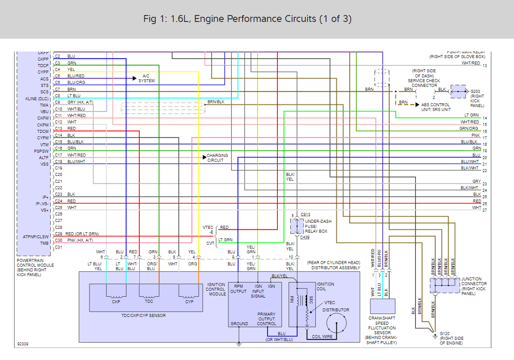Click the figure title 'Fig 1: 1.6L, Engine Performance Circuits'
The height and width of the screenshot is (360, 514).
(247, 19)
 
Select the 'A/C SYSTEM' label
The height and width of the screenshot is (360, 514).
(147, 78)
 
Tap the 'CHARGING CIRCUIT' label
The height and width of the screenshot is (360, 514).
(218, 158)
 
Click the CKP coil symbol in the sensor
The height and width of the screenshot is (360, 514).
(116, 296)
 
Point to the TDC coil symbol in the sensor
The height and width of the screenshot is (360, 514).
(149, 296)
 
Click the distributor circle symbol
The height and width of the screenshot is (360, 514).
(336, 323)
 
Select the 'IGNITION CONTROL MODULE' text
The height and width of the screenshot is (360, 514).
(216, 289)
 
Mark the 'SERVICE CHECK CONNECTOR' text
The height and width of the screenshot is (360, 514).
(424, 80)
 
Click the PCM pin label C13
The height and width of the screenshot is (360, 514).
(58, 128)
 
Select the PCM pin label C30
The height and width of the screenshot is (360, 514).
(58, 240)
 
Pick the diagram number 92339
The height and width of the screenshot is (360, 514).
(24, 344)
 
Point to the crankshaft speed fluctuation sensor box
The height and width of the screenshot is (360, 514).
(382, 307)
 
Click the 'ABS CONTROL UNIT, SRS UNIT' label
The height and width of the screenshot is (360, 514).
(436, 107)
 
